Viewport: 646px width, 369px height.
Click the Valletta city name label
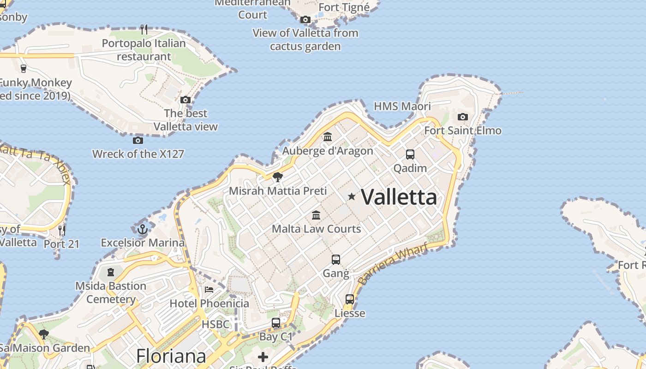pos(399,197)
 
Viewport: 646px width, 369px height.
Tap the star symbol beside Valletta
pos(352,196)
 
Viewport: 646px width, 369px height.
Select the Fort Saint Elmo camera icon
pos(463,117)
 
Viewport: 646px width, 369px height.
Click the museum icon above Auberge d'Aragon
pos(328,137)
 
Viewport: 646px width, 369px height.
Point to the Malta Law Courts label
pos(316,229)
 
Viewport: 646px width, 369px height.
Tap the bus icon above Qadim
pos(410,155)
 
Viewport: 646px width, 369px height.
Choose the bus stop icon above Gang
pos(336,260)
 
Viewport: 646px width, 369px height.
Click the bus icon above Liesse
pos(350,299)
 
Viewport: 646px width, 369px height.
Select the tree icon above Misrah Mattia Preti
pos(278,177)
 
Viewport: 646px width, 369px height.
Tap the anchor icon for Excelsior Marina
pos(143,229)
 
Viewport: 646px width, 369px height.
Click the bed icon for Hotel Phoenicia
pos(209,290)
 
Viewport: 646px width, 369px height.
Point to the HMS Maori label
pos(402,107)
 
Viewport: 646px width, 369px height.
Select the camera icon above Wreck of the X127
pos(138,140)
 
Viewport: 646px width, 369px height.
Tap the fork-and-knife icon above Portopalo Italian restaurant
pos(144,30)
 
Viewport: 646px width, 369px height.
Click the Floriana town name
pos(171,356)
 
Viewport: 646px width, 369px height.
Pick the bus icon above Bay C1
pos(276,323)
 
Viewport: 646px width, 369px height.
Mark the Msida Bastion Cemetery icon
pos(111,272)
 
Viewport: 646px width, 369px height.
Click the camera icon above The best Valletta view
pos(185,100)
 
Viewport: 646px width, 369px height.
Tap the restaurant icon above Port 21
pos(61,230)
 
